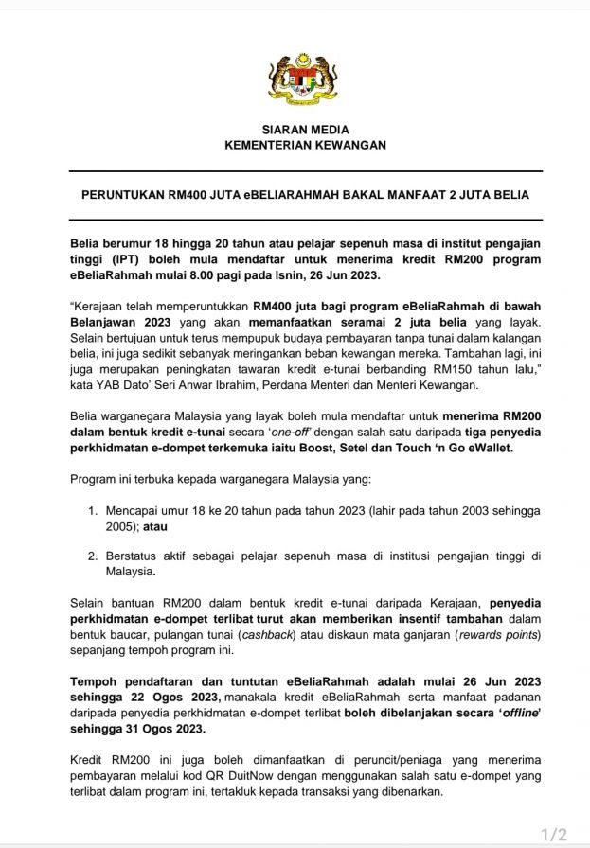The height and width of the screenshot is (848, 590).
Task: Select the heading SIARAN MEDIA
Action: (305, 130)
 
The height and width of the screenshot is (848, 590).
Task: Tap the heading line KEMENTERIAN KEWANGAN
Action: (305, 145)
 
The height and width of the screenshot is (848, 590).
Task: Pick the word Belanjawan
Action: (103, 322)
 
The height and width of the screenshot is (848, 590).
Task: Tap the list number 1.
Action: (93, 510)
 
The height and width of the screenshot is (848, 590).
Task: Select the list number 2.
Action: (93, 556)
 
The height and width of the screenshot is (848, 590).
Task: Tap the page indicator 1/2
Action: (553, 834)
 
